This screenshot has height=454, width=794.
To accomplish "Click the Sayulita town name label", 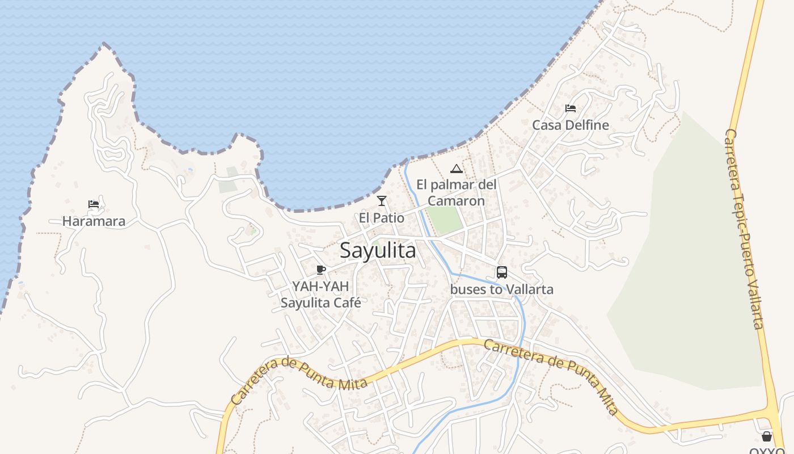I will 378,250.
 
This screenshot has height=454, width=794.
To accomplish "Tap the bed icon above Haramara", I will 94,204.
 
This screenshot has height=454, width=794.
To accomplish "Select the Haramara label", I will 94,221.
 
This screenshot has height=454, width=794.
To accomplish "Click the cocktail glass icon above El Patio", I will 382,201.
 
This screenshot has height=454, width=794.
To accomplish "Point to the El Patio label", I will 382,218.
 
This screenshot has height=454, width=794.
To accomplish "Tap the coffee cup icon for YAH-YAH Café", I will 321,270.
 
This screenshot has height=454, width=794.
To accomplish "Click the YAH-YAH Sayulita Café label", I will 321,295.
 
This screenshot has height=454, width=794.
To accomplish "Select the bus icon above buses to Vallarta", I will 502,272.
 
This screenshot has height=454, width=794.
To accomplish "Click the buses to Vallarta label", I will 502,289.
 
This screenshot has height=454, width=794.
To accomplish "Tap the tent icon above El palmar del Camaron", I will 457,169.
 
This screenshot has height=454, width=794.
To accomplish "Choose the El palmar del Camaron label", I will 457,192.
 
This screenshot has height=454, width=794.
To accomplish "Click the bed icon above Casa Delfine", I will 571,108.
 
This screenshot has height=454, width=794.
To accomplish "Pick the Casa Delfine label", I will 571,125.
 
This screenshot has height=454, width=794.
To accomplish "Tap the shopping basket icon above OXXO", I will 767,436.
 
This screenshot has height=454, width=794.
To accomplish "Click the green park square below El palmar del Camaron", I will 445,220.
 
